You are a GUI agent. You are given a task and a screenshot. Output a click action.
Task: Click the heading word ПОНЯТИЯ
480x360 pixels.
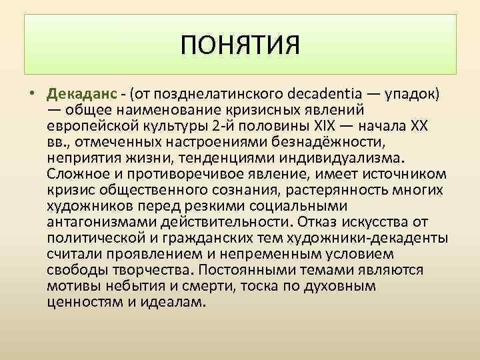click(241, 46)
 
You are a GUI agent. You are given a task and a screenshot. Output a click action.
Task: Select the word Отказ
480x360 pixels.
click(318, 221)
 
